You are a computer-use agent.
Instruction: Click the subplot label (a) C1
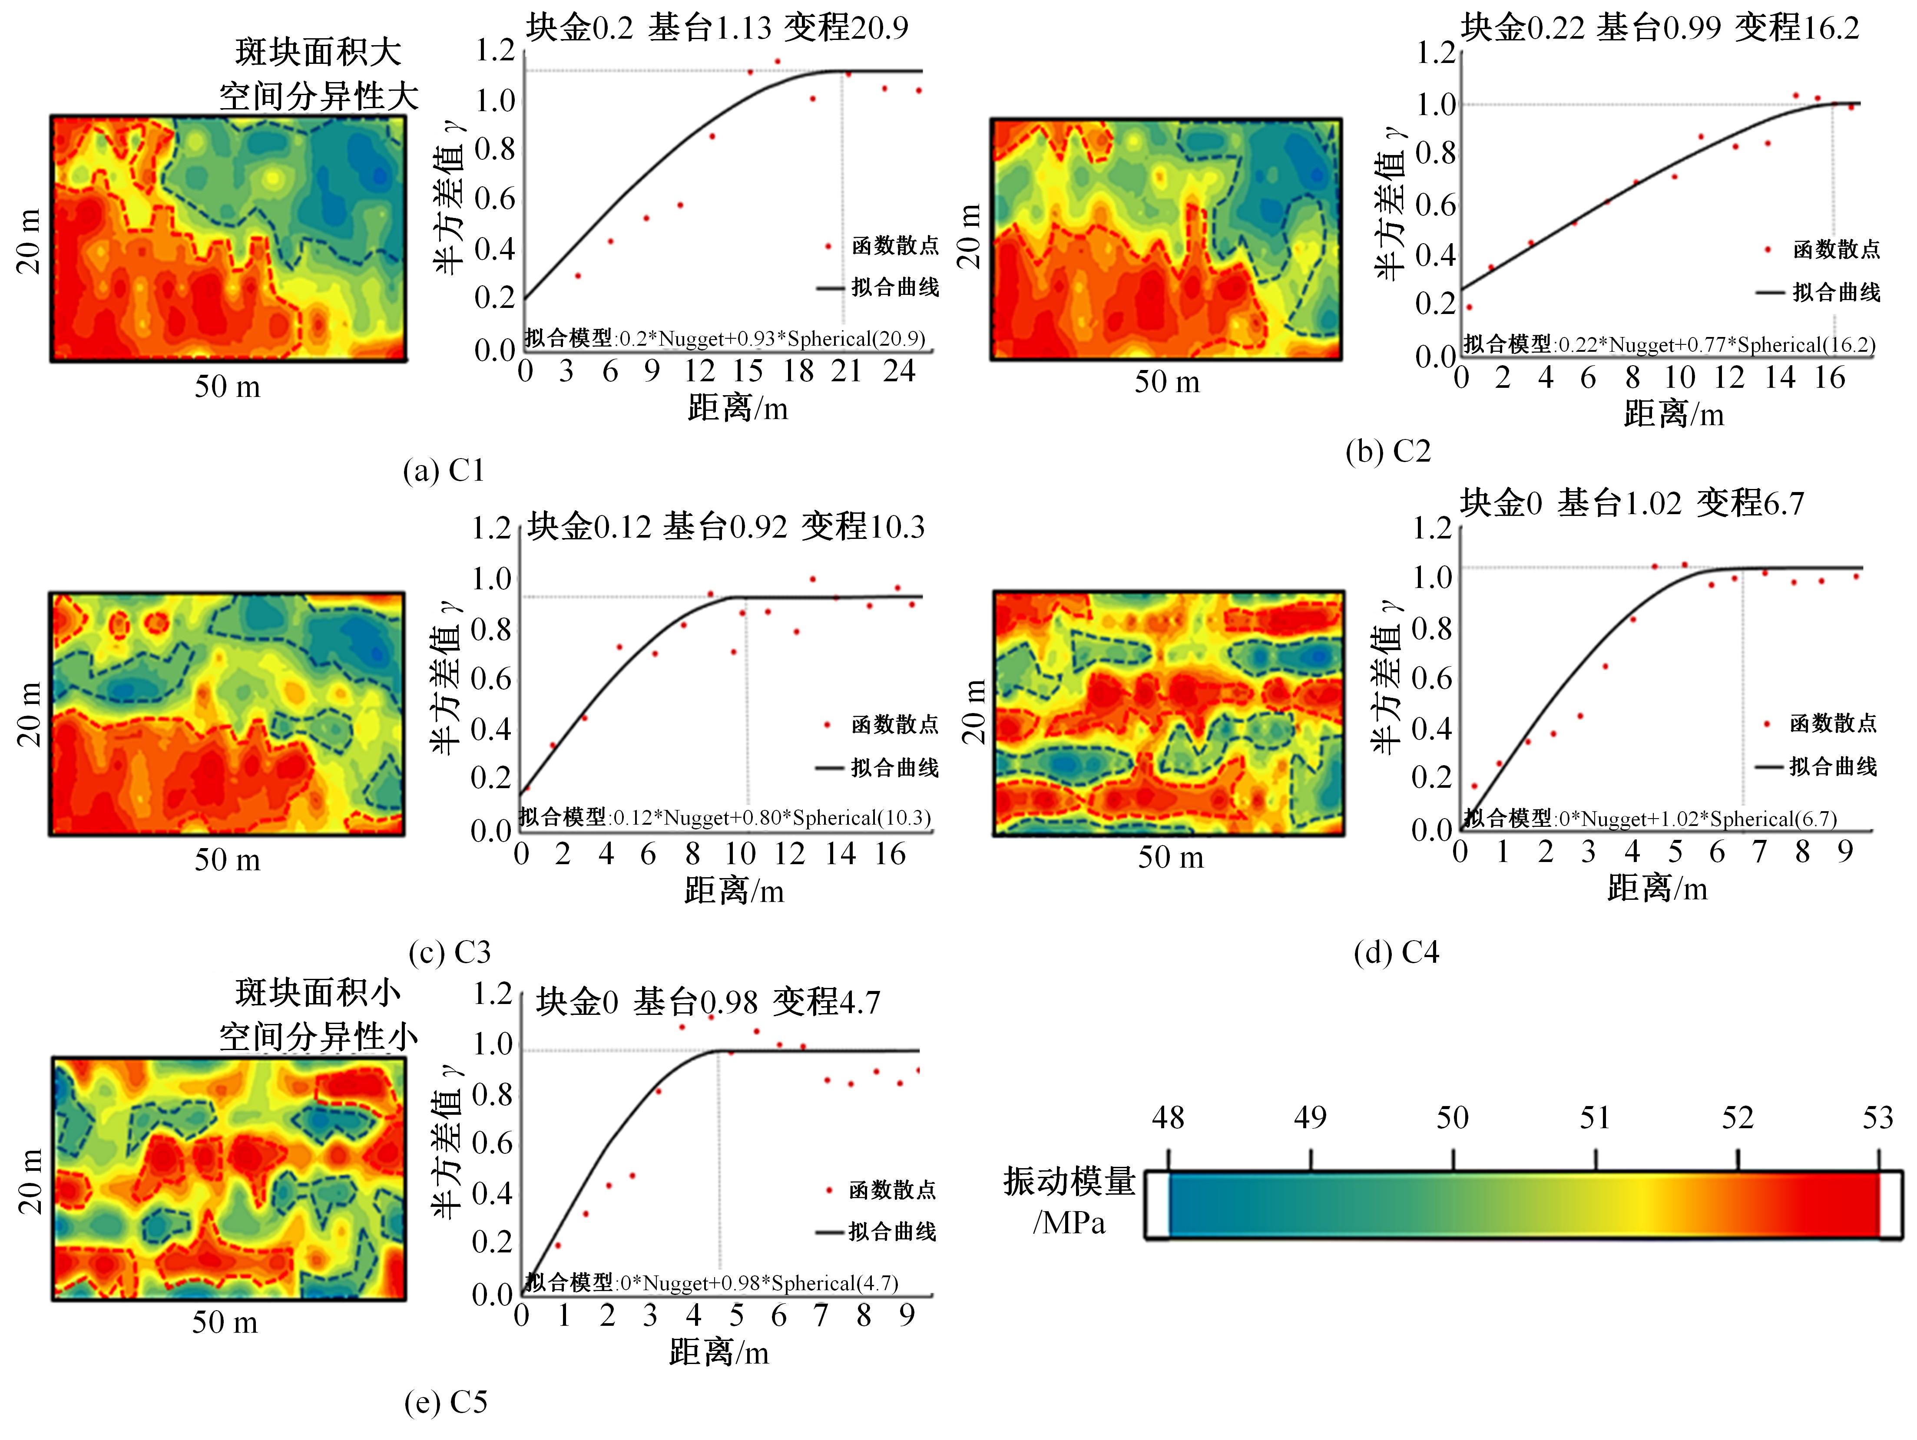[x=444, y=470]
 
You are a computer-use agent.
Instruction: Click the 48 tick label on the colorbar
[x=1167, y=1118]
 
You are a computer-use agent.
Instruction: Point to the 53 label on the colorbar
[x=1878, y=1118]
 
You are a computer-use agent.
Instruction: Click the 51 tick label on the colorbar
[x=1595, y=1118]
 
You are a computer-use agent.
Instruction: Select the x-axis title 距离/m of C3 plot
[x=734, y=890]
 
